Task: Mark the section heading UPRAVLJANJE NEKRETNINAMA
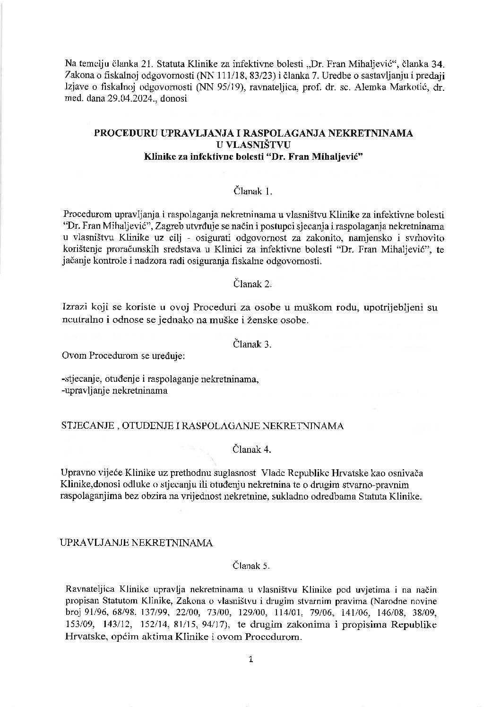tap(137, 543)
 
